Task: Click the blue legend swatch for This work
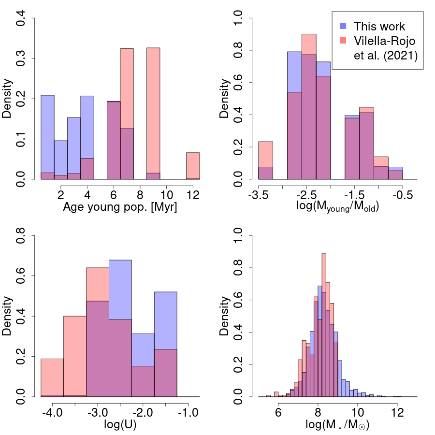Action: pos(343,26)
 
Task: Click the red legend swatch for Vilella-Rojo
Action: pos(343,41)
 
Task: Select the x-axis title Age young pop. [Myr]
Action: pos(119,209)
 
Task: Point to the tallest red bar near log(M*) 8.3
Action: pos(324,324)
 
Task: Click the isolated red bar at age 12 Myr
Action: pos(193,166)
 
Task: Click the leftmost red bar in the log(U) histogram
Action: pos(52,377)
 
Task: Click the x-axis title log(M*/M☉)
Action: pos(337,426)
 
